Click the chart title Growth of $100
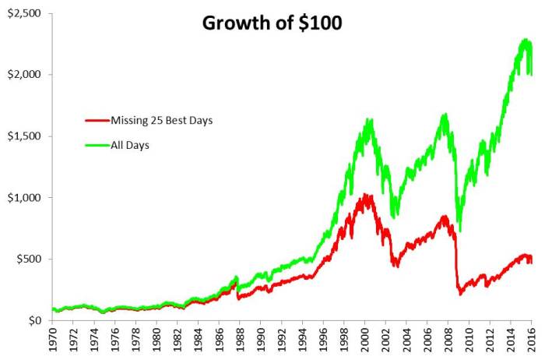[x=272, y=23]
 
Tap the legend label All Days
[x=129, y=145]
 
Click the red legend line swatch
[x=96, y=120]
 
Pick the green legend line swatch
[x=96, y=145]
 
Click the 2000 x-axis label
[x=367, y=342]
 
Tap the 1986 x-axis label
[x=220, y=342]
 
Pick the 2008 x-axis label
[x=450, y=342]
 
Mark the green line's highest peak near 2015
[x=523, y=40]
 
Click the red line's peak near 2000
[x=364, y=195]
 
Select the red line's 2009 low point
[x=460, y=294]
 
